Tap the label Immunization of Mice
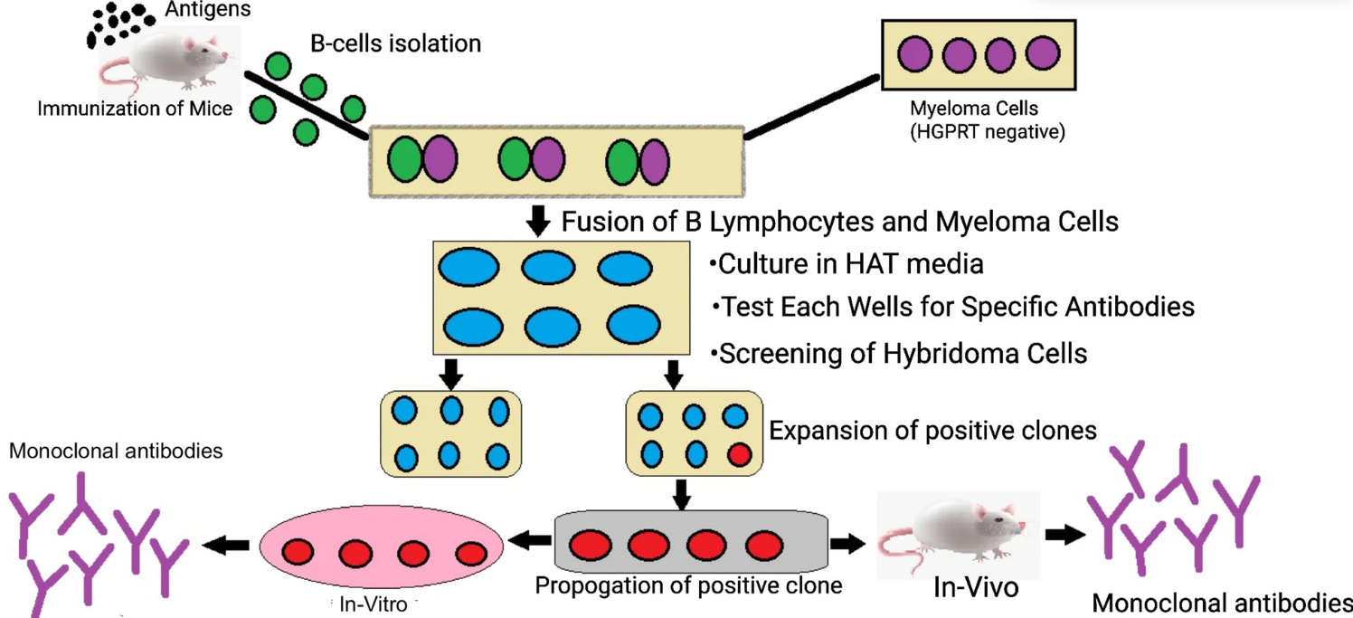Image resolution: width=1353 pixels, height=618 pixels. (135, 109)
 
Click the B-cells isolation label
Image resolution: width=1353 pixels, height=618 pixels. (395, 43)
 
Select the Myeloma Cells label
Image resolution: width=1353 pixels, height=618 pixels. (974, 109)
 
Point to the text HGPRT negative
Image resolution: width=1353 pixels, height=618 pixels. (974, 132)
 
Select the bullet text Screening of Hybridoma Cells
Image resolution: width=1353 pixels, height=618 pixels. (903, 353)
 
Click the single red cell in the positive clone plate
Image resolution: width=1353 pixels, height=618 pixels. (739, 452)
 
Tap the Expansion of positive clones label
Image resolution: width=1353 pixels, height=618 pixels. (932, 430)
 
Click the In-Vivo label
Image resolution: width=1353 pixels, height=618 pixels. (976, 587)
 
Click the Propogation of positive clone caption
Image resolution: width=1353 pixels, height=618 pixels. (688, 585)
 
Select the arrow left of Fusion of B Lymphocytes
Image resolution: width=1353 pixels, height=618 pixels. (538, 220)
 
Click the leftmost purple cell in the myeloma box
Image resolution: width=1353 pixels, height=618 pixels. (915, 54)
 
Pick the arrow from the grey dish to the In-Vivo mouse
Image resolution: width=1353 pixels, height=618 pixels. (847, 544)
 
